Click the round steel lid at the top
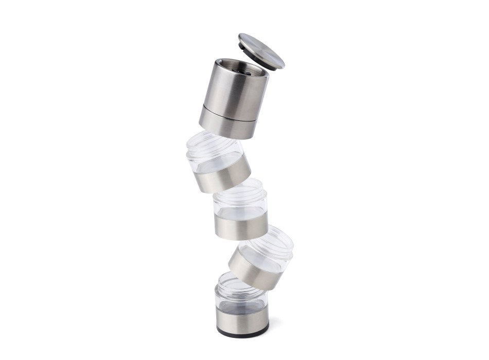[x=261, y=50]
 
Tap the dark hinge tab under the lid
[x=243, y=45]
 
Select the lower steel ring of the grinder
[x=227, y=122]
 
